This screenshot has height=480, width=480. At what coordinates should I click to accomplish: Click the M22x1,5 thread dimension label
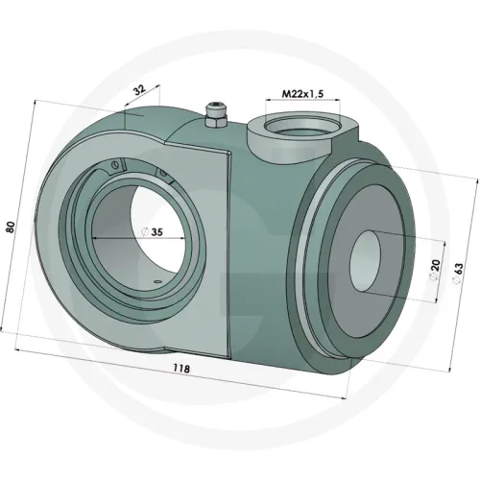[302, 94]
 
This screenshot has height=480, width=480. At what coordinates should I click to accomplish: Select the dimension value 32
[139, 90]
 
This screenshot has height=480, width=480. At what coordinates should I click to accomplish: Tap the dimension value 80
[11, 227]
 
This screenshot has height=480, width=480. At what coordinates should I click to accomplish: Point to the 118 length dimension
[181, 369]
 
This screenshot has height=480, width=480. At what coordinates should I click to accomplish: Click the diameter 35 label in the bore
[153, 231]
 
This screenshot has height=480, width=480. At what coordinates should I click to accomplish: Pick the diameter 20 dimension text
[435, 270]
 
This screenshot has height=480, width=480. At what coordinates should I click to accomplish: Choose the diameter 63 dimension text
[458, 273]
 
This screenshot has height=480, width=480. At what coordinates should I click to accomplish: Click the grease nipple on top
[216, 115]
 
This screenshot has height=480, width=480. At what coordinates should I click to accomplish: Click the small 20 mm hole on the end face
[365, 262]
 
